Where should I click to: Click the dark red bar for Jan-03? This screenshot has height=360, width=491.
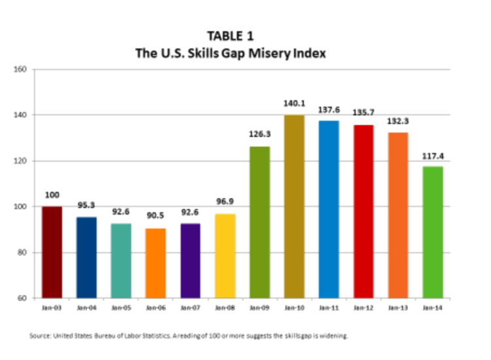tap(52, 252)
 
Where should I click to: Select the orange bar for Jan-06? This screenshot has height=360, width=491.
tap(156, 263)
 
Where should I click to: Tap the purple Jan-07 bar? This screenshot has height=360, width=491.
tap(191, 261)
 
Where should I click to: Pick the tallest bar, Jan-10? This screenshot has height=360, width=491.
tap(295, 206)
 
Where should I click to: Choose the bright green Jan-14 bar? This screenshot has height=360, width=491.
tap(433, 232)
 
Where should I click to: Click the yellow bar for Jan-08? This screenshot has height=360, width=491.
tap(225, 256)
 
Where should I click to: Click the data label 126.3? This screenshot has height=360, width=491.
tap(260, 134)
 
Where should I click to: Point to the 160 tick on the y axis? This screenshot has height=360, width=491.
tap(20, 69)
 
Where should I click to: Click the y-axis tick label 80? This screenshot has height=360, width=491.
tap(22, 253)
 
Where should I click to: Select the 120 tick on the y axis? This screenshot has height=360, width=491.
tap(20, 161)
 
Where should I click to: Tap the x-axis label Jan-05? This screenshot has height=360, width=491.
tap(121, 306)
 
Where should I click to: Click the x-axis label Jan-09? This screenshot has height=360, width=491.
tap(260, 306)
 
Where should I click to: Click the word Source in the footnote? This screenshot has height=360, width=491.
tap(40, 336)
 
